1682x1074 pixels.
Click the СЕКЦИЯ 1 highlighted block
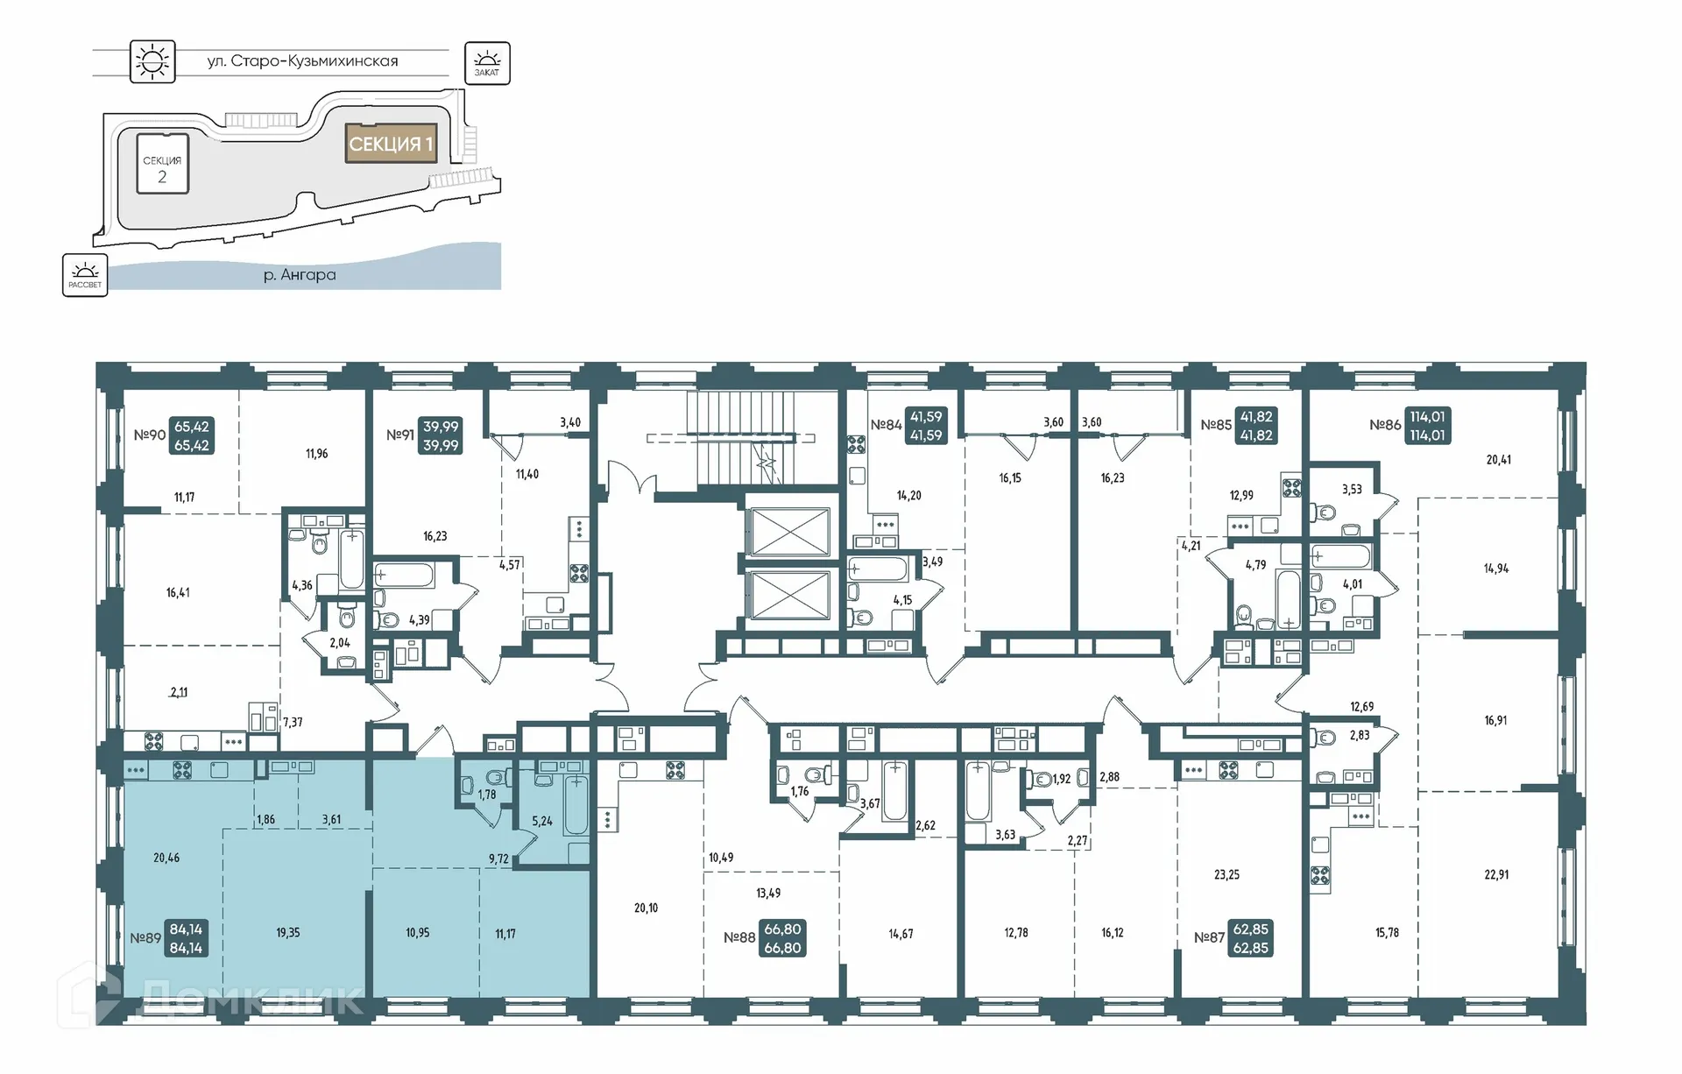391,144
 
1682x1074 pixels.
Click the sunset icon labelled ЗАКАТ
487,63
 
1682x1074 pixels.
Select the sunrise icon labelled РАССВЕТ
85,275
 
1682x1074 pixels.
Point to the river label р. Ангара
300,275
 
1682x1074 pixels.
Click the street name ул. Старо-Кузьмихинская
302,61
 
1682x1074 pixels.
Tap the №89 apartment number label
145,938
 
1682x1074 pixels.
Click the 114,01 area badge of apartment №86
1426,426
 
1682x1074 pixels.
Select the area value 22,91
1496,874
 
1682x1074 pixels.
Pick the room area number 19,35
288,933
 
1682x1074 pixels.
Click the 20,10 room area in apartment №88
646,908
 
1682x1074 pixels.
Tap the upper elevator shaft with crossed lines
790,530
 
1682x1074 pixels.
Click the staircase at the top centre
731,438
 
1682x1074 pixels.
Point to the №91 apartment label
400,435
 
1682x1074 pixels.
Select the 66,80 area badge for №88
782,938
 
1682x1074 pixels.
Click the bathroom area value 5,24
542,822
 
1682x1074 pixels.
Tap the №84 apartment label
886,425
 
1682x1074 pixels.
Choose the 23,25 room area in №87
1226,874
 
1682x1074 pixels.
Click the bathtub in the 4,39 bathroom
404,576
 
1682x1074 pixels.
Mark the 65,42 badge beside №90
192,435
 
